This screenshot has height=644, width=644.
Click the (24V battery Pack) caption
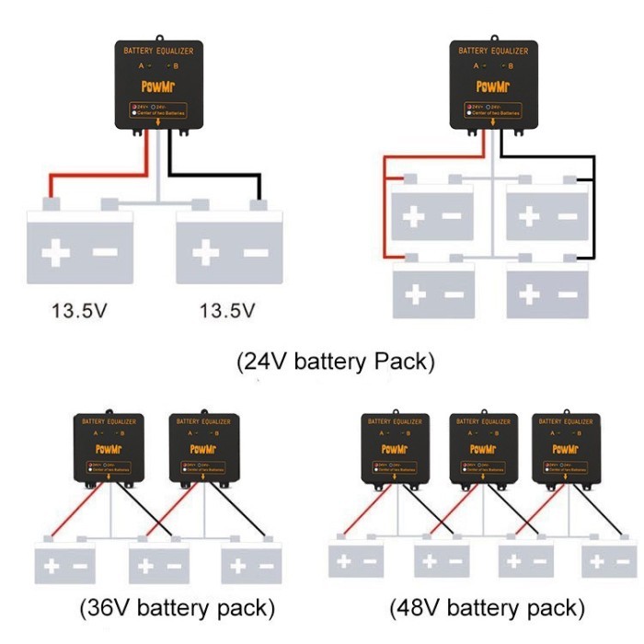pos(335,362)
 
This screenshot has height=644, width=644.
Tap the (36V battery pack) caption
pos(178,608)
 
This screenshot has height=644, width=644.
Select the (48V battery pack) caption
pos(487,608)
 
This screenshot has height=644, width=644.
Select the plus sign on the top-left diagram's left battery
pos(57,251)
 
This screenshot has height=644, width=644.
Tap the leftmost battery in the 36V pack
pos(64,566)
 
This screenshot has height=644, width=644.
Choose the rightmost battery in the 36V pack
pos(249,566)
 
